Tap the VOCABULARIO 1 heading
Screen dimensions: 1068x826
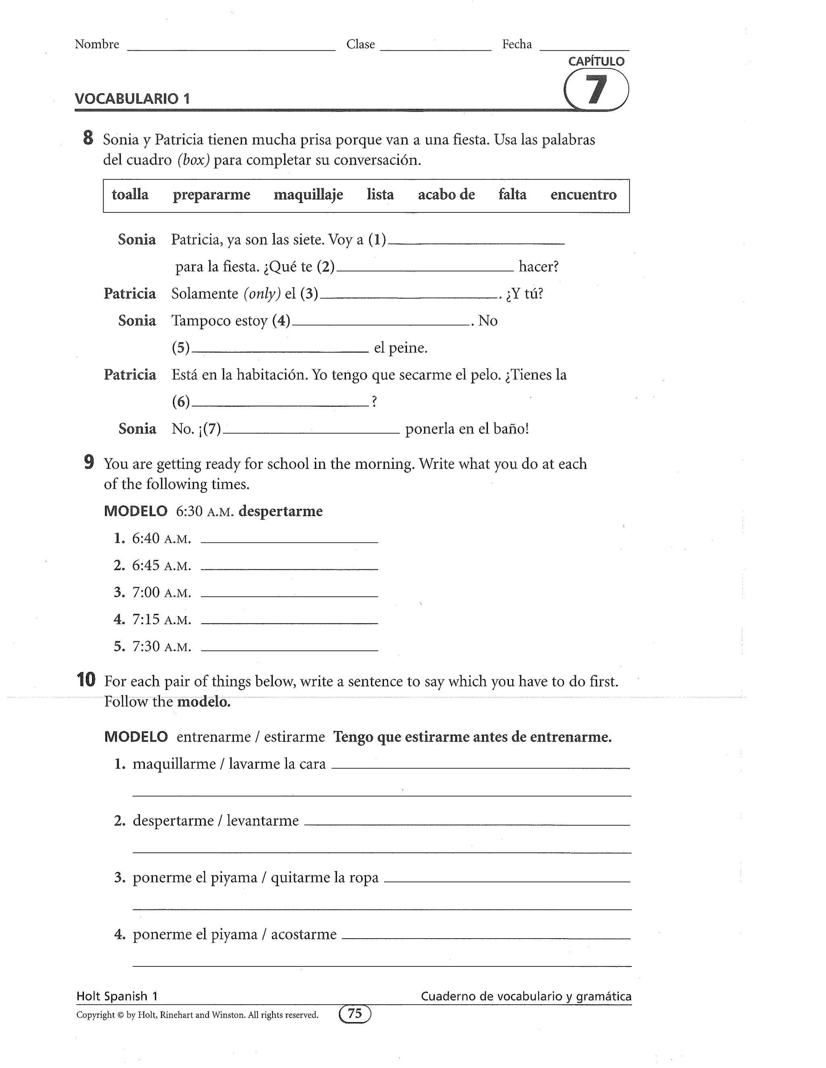click(x=132, y=99)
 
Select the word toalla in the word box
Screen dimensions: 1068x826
click(x=130, y=195)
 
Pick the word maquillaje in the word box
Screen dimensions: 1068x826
click(x=308, y=195)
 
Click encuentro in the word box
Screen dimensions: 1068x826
click(x=583, y=195)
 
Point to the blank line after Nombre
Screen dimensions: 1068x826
click(x=231, y=48)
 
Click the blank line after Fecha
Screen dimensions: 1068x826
click(x=584, y=48)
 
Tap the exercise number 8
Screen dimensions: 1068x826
click(x=88, y=138)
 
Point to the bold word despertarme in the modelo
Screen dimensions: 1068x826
click(x=280, y=511)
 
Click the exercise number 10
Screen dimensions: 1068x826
click(x=87, y=680)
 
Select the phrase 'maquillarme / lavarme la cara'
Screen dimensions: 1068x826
click(x=229, y=764)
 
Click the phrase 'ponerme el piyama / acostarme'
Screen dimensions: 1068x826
click(x=234, y=934)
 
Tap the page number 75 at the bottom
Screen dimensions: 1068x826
click(x=355, y=1014)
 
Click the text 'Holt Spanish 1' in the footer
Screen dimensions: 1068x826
click(x=117, y=997)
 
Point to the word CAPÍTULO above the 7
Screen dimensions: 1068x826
click(x=596, y=62)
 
